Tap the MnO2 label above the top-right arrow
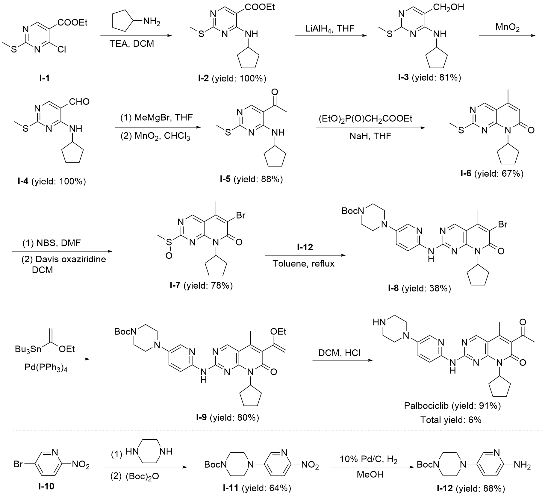508,27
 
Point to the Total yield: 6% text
451,420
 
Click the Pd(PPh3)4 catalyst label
46,367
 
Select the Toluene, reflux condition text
303,263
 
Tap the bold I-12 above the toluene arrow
304,247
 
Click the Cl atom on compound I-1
62,49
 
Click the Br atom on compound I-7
241,215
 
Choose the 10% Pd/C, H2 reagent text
368,460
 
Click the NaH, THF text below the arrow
370,136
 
